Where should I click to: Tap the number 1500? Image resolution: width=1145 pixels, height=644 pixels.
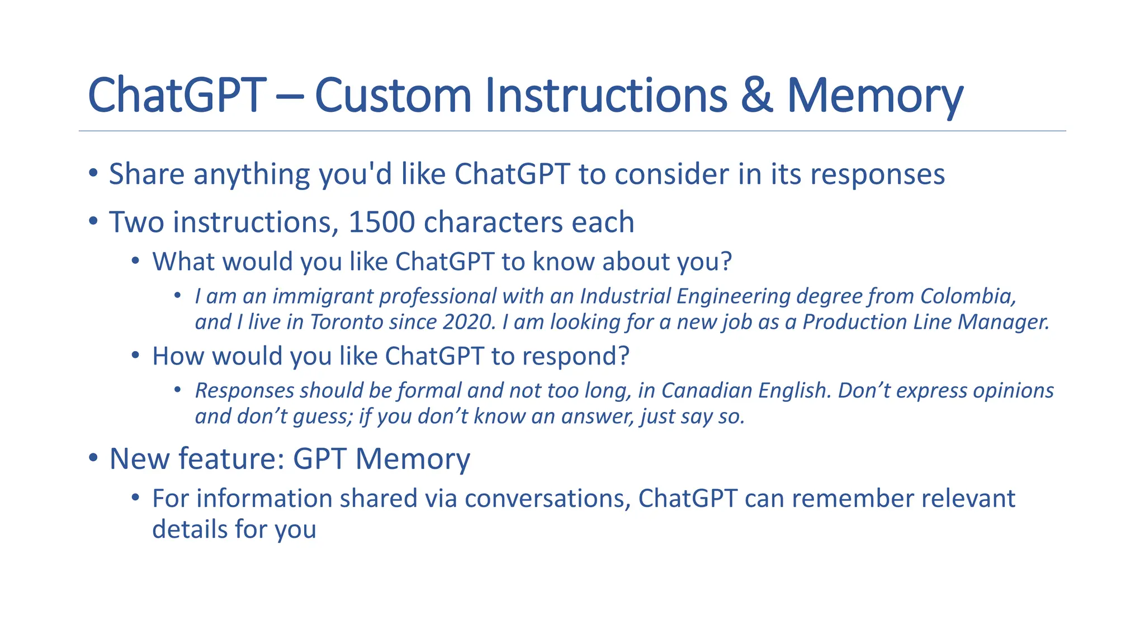pos(381,222)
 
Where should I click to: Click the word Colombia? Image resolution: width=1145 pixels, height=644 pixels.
pos(968,296)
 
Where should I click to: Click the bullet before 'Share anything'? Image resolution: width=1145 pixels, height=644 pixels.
pos(93,173)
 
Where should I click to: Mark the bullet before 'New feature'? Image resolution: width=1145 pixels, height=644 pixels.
pos(93,458)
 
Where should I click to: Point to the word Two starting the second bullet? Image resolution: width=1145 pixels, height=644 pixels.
pos(137,222)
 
